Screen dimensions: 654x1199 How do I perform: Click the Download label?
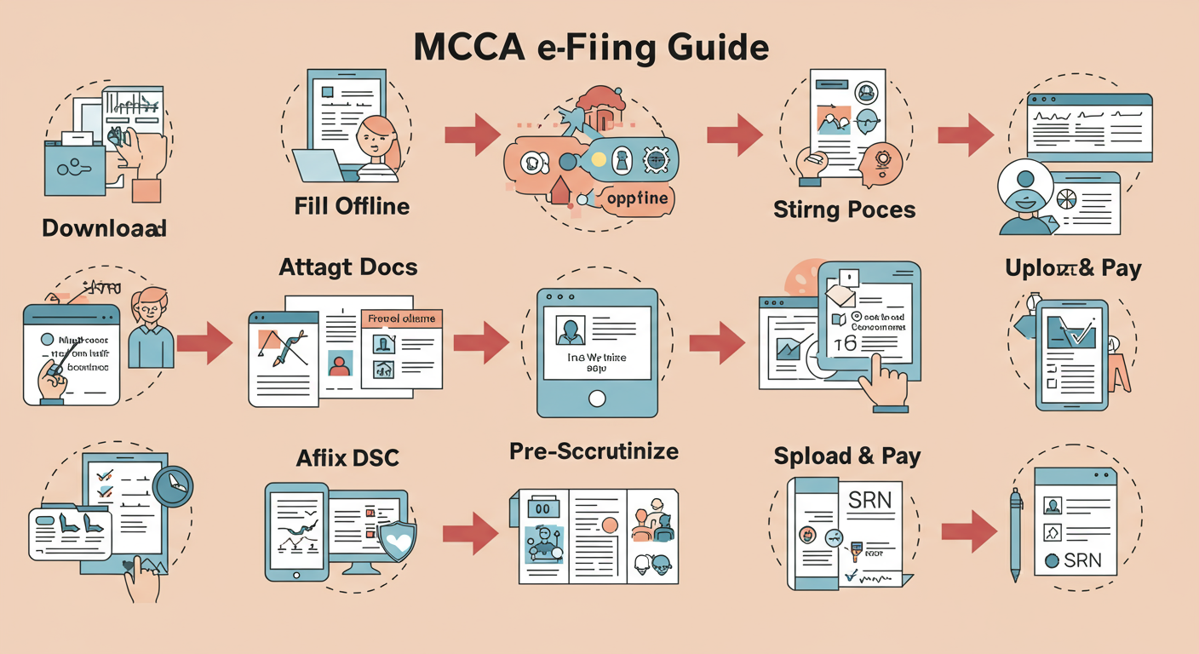(104, 228)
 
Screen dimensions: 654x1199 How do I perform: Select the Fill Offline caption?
(352, 206)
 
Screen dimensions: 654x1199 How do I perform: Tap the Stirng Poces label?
(845, 209)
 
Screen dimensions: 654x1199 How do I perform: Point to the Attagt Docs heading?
(348, 267)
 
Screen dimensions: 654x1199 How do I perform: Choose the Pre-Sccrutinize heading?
(594, 451)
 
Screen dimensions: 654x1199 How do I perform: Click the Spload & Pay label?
(847, 456)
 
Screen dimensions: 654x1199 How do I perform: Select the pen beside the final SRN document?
(1015, 534)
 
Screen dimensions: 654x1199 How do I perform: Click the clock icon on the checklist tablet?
(175, 486)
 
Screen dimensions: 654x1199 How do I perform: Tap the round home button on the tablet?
(597, 398)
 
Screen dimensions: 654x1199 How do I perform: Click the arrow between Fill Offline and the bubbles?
(473, 134)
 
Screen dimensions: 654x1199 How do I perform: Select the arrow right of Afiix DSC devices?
(470, 534)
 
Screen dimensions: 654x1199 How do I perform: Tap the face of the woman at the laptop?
(376, 137)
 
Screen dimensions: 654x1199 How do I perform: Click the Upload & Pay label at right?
(1073, 269)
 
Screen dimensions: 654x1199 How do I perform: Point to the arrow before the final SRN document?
(969, 532)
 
